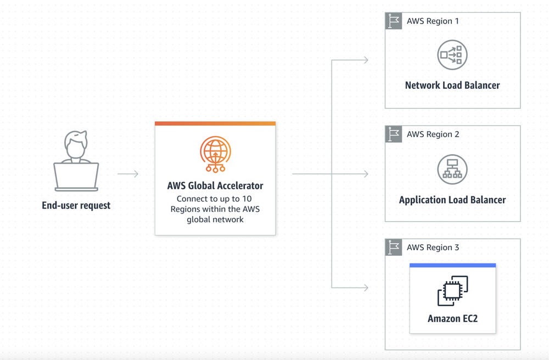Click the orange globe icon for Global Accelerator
[215, 154]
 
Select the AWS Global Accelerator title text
[215, 185]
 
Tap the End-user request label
[76, 206]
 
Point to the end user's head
[76, 143]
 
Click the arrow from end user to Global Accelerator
[128, 174]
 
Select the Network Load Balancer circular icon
[452, 55]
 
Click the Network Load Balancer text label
[452, 86]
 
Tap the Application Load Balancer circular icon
[452, 169]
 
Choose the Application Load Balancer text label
[452, 200]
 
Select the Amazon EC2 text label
[452, 318]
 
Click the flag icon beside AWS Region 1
[394, 21]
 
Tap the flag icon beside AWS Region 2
[394, 134]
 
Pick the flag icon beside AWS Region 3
[394, 248]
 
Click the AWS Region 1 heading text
[433, 21]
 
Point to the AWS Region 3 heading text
[433, 248]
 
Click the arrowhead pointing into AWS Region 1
[366, 60]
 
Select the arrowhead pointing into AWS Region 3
[366, 287]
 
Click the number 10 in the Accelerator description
[247, 199]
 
